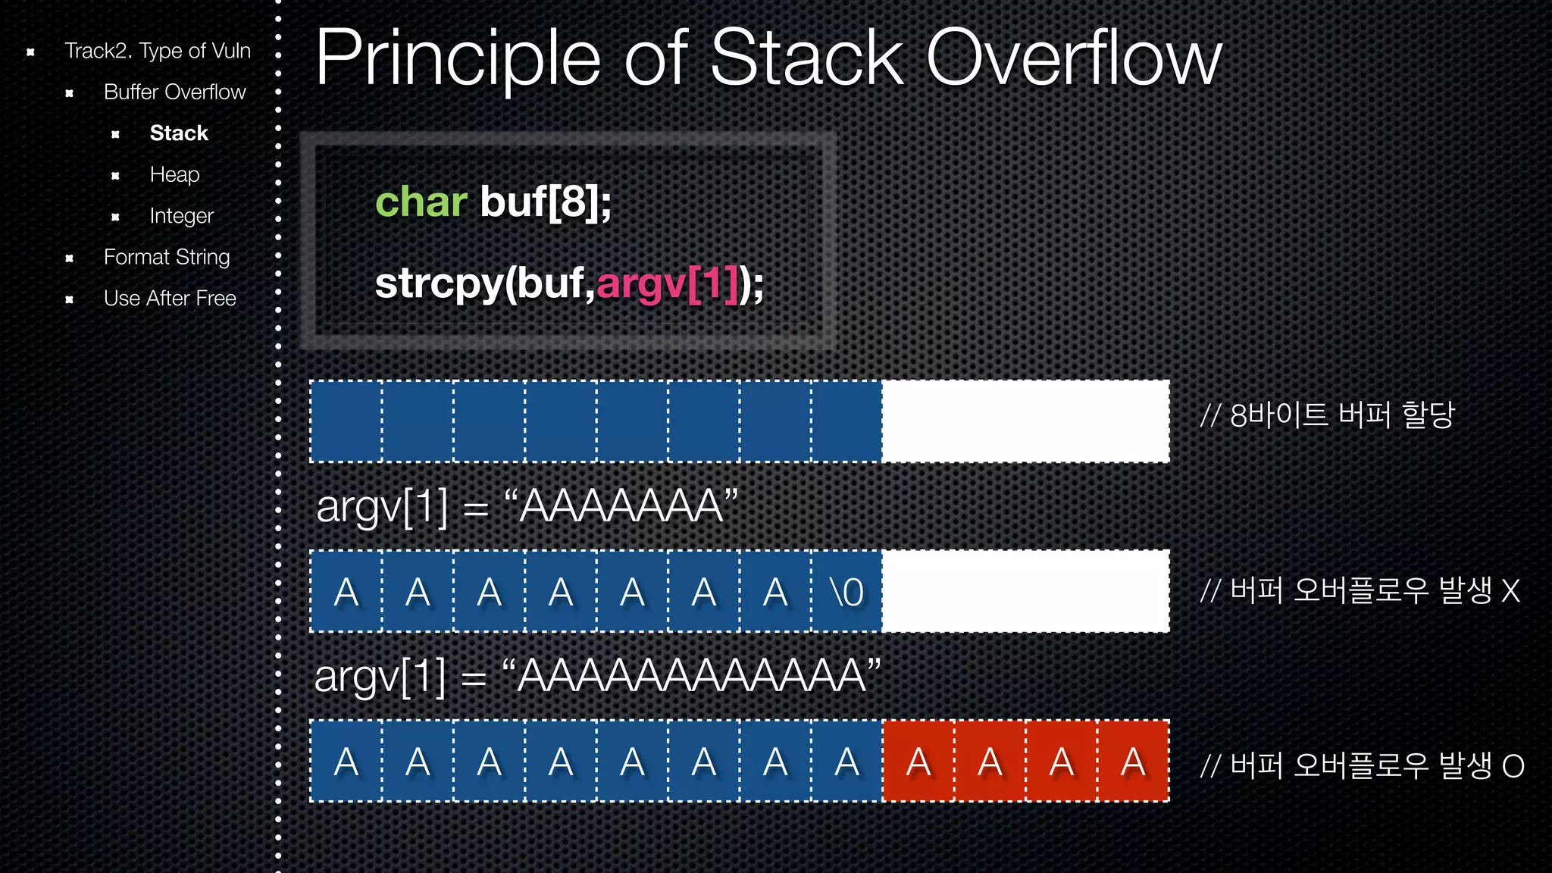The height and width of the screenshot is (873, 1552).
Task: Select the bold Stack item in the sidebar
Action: pos(179,133)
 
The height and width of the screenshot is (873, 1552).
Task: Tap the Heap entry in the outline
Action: pos(174,174)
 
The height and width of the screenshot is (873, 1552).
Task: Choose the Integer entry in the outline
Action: pos(181,216)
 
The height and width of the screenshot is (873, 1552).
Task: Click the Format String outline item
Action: pos(166,257)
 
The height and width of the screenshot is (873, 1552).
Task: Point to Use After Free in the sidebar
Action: pos(170,298)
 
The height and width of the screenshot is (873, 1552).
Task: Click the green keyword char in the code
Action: pos(421,202)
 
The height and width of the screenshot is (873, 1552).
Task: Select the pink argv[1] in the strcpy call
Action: pos(667,284)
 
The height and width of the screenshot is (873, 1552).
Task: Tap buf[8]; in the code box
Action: pos(545,202)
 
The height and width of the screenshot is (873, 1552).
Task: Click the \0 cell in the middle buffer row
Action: pos(846,592)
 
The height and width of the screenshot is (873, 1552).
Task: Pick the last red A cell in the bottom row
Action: pos(1133,762)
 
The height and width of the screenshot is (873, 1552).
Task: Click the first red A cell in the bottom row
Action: pos(918,762)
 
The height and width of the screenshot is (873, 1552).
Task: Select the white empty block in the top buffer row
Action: pos(1025,421)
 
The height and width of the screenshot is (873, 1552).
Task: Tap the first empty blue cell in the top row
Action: pos(346,421)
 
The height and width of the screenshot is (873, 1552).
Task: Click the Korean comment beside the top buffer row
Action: pos(1328,415)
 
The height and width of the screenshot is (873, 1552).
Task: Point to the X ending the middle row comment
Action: pos(1510,591)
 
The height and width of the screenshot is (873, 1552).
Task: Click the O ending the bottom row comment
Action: pos(1513,766)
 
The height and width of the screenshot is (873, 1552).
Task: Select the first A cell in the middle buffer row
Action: pos(346,592)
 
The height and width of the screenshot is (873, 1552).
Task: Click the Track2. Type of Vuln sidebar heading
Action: pos(157,51)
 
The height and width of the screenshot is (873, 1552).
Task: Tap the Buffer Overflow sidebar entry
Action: pos(174,92)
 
